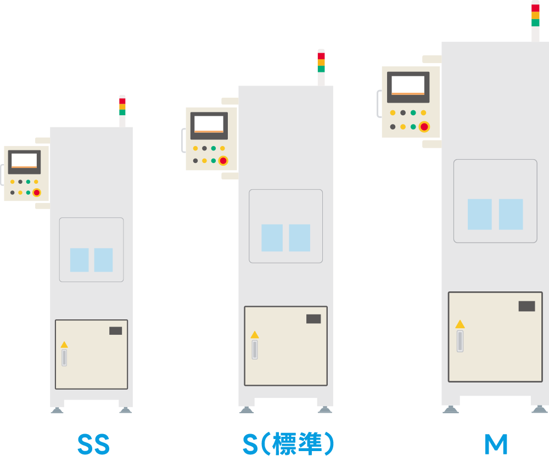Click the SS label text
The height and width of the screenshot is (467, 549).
click(93, 445)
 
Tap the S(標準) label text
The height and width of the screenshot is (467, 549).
click(289, 444)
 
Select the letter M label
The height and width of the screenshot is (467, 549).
click(496, 445)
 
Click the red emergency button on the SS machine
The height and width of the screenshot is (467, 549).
click(37, 193)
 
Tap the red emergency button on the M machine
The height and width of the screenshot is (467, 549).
click(424, 127)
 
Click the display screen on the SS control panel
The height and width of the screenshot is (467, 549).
click(24, 162)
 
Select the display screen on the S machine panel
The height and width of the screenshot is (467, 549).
click(209, 126)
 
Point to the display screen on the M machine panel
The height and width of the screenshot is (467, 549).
click(408, 87)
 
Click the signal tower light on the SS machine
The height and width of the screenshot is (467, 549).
click(122, 107)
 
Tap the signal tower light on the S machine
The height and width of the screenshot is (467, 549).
click(321, 63)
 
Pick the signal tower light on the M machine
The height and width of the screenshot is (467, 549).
click(535, 15)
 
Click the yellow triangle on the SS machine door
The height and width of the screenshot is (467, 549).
click(64, 345)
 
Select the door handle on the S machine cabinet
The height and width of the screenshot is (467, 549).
click(255, 350)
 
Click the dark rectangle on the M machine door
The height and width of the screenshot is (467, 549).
click(526, 306)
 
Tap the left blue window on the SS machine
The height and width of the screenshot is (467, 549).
click(79, 260)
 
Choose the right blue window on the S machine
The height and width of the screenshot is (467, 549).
click(299, 238)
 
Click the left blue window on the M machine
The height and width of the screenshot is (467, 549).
click(480, 214)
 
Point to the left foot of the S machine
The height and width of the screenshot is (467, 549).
click(247, 410)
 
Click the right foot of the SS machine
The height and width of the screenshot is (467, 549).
click(126, 410)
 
